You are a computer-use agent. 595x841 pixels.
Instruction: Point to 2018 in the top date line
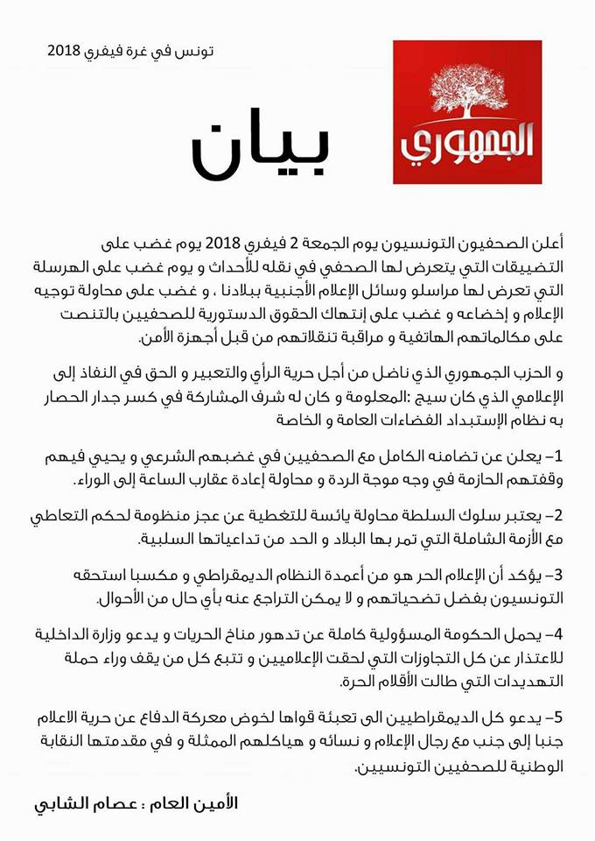pos(63,52)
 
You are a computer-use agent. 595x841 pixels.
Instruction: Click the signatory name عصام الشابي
pos(82,802)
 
